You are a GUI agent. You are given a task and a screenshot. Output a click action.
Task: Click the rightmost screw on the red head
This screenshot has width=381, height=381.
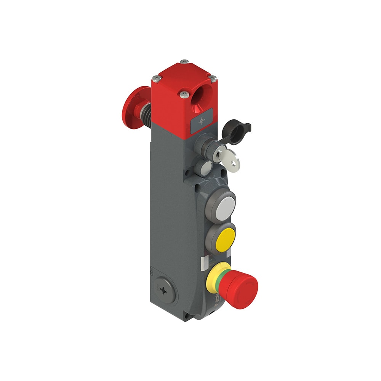coord(213,78)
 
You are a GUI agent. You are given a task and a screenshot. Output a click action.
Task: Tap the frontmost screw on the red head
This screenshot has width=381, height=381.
coord(185,94)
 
